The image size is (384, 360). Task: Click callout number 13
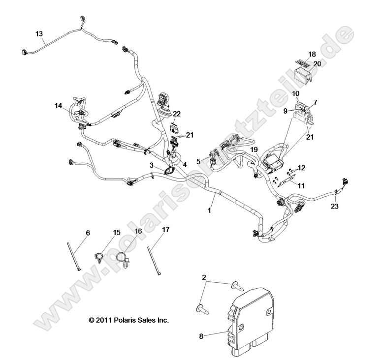[39, 33]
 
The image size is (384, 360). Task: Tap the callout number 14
[59, 105]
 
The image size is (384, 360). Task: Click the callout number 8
[201, 337]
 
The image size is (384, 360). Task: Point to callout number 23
[335, 207]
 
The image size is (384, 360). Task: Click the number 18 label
[312, 54]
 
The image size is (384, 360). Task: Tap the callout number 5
[198, 161]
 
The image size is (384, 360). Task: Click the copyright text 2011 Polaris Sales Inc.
[128, 320]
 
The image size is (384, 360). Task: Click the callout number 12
[301, 168]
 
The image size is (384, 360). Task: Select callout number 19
[254, 150]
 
